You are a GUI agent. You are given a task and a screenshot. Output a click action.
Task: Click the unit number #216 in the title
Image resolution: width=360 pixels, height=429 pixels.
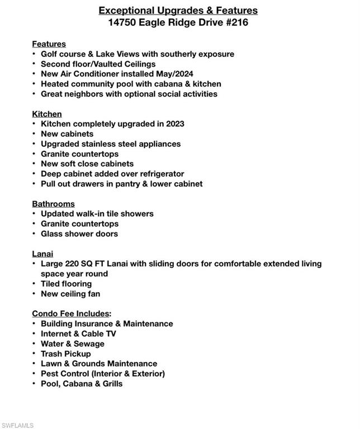[x=236, y=23]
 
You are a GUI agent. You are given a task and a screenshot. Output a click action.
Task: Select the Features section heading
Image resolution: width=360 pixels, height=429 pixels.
[x=49, y=44]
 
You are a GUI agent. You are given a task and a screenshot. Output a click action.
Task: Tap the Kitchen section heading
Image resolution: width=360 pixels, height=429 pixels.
[x=47, y=114]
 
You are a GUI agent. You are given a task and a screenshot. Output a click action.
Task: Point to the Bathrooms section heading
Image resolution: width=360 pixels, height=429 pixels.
[x=53, y=204]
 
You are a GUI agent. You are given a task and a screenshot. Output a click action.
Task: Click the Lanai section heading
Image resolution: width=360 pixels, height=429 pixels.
[x=42, y=254]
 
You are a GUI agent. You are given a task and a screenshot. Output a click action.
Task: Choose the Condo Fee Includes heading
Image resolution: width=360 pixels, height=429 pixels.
[x=72, y=313]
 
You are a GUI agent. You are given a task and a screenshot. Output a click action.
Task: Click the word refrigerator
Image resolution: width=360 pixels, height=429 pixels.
[x=160, y=174]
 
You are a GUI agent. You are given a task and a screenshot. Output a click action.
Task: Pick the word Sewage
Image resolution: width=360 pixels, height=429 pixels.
[x=89, y=344]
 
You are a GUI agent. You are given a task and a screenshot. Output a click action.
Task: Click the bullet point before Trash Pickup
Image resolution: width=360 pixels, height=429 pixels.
[x=35, y=354]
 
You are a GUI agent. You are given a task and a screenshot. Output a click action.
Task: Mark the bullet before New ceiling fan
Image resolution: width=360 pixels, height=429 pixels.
[x=35, y=294]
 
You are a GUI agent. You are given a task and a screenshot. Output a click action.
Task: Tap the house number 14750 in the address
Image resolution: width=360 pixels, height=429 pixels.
[x=122, y=23]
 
